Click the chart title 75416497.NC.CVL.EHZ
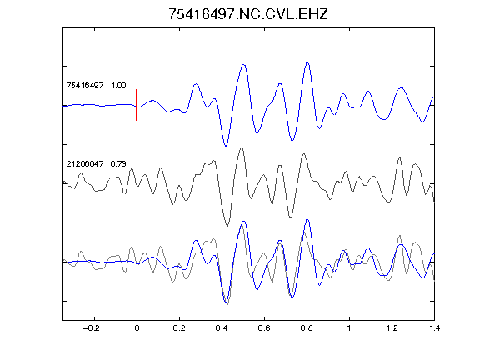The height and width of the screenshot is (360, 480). pyautogui.click(x=248, y=14)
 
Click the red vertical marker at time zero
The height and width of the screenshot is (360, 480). pyautogui.click(x=137, y=105)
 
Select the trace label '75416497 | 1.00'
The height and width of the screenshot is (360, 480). pyautogui.click(x=96, y=85)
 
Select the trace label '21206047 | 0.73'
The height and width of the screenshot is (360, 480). pyautogui.click(x=96, y=164)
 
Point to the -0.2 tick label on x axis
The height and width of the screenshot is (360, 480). pyautogui.click(x=92, y=328)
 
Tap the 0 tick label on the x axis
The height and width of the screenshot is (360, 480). pyautogui.click(x=137, y=328)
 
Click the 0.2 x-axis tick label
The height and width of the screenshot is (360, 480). pyautogui.click(x=179, y=328)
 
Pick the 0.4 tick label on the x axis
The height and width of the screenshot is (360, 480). pyautogui.click(x=222, y=328)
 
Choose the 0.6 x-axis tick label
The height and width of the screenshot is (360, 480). pyautogui.click(x=264, y=328)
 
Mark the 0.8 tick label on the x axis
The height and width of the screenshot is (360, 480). pyautogui.click(x=307, y=328)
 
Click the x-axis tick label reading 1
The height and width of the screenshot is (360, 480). pyautogui.click(x=349, y=328)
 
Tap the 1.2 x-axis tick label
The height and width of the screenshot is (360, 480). pyautogui.click(x=392, y=328)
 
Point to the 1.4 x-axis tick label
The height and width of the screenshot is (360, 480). pyautogui.click(x=434, y=328)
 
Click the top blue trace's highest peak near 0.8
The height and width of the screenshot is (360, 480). pyautogui.click(x=307, y=62)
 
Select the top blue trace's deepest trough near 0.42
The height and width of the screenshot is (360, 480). pyautogui.click(x=226, y=146)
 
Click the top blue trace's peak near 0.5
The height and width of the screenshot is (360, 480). pyautogui.click(x=243, y=65)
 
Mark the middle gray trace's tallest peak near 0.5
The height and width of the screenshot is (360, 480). pyautogui.click(x=242, y=148)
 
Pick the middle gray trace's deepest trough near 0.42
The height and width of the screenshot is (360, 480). pyautogui.click(x=227, y=226)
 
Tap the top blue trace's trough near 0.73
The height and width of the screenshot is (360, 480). pyautogui.click(x=292, y=141)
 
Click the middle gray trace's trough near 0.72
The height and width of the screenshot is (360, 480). pyautogui.click(x=291, y=217)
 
